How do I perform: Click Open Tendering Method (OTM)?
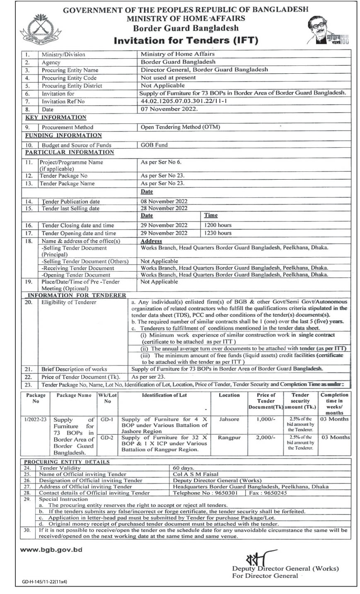pyautogui.click(x=180, y=127)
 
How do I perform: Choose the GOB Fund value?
pyautogui.click(x=154, y=145)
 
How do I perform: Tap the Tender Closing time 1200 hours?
pyautogui.click(x=217, y=225)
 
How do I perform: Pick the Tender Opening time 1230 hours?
pyautogui.click(x=217, y=233)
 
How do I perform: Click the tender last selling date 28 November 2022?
pyautogui.click(x=164, y=208)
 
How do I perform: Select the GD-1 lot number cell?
pyautogui.click(x=107, y=419)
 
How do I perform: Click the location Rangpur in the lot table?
pyautogui.click(x=229, y=438)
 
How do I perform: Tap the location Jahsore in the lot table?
pyautogui.click(x=229, y=419)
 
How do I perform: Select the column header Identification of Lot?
pyautogui.click(x=164, y=395)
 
